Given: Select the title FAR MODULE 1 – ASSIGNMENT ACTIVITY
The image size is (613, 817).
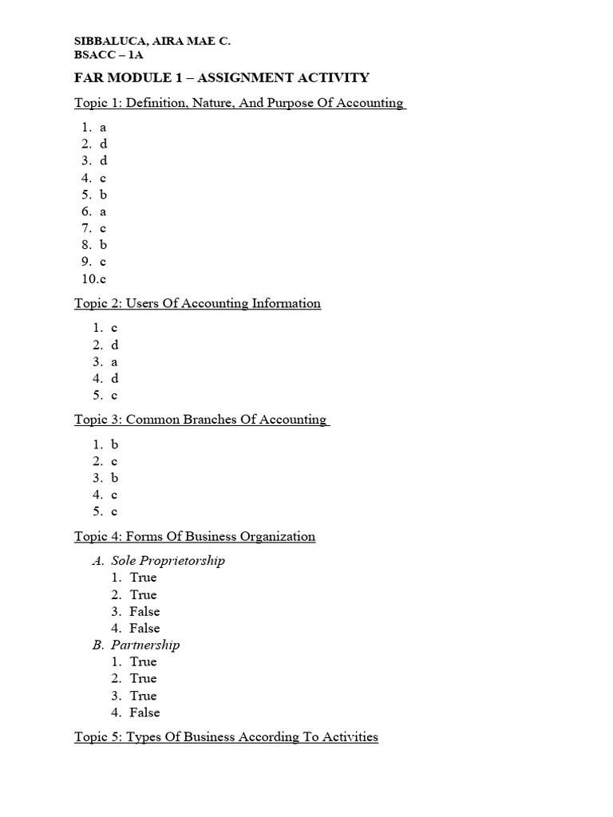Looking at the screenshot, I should pos(221,77).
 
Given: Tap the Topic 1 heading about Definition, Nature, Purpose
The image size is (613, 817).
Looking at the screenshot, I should pos(239,103).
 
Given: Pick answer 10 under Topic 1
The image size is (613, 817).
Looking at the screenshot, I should pos(93,279).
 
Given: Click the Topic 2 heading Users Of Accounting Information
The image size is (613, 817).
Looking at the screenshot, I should pos(197,303).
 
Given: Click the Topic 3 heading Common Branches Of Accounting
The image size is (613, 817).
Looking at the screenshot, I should pos(201,420).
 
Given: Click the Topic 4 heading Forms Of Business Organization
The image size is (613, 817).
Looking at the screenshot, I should pos(195,536).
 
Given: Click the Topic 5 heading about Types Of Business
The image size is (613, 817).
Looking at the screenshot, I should pos(226,737).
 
